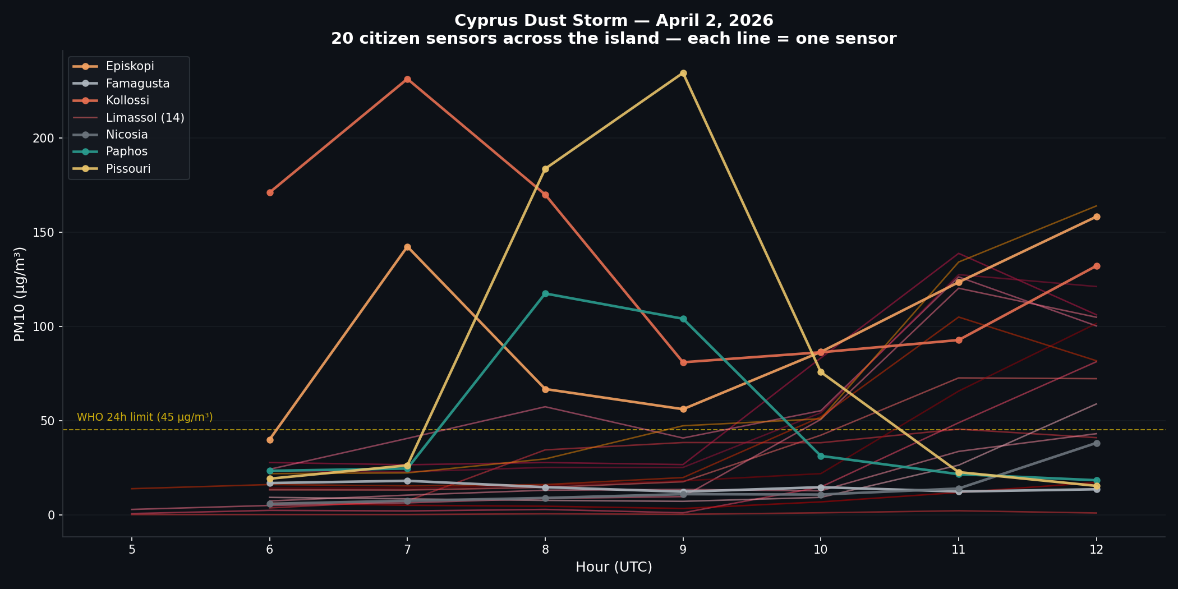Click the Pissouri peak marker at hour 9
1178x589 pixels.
[683, 73]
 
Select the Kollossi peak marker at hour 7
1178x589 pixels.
[407, 80]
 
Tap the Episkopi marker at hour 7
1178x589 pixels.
[407, 247]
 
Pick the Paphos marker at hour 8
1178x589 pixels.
[545, 294]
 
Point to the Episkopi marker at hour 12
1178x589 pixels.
[1097, 217]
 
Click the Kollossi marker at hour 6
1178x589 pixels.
[270, 192]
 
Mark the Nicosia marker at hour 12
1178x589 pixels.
[1097, 444]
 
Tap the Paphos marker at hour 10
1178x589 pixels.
[821, 456]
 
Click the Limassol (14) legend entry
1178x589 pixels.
[145, 118]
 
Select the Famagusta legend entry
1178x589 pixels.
[137, 84]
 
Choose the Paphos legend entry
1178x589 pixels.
[127, 152]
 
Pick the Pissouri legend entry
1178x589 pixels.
[128, 169]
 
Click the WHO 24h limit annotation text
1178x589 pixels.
[145, 417]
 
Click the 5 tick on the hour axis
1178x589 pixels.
[132, 550]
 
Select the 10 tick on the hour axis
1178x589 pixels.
[821, 550]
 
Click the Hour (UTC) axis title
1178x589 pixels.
[614, 567]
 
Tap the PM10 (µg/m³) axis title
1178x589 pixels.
[20, 294]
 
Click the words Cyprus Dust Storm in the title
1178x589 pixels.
[541, 21]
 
